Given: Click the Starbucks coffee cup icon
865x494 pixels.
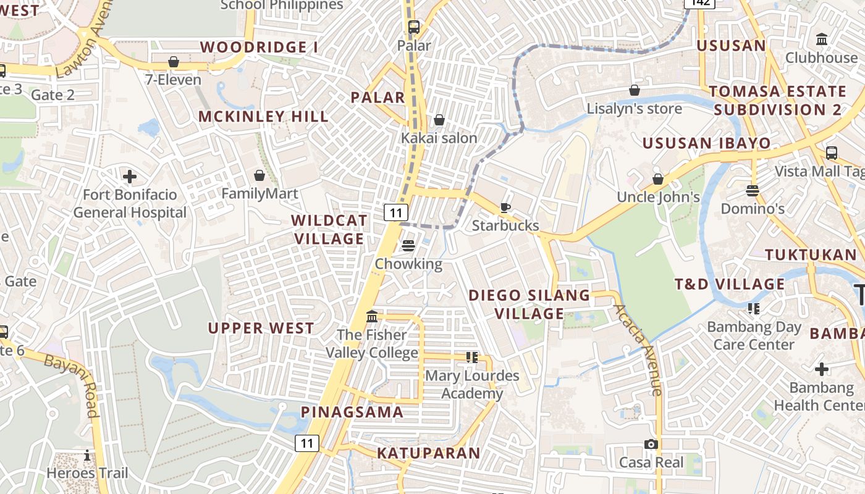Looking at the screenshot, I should pyautogui.click(x=505, y=207).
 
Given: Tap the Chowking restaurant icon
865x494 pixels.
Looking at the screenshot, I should pyautogui.click(x=408, y=246).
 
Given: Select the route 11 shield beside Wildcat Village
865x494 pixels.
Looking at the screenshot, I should pyautogui.click(x=395, y=212).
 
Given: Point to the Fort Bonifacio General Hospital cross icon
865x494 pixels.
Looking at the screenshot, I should pyautogui.click(x=130, y=177).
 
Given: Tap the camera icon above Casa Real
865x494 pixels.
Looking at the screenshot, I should pyautogui.click(x=651, y=445).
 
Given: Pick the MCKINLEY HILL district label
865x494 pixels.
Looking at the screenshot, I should pyautogui.click(x=263, y=116).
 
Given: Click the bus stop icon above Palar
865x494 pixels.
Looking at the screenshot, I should pyautogui.click(x=413, y=27).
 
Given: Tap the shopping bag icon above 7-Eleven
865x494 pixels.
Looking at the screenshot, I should pyautogui.click(x=174, y=62).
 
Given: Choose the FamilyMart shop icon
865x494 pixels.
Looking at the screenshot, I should pyautogui.click(x=259, y=176).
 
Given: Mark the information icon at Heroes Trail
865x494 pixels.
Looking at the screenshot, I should pyautogui.click(x=87, y=456).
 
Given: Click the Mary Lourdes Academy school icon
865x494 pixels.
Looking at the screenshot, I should pyautogui.click(x=472, y=357).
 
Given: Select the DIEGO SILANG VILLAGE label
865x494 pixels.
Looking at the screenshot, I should pyautogui.click(x=529, y=304).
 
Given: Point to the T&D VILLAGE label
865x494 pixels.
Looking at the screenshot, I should pyautogui.click(x=729, y=284).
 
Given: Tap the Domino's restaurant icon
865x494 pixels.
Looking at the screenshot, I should pyautogui.click(x=753, y=191).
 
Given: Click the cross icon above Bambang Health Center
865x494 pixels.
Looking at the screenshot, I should pyautogui.click(x=821, y=370).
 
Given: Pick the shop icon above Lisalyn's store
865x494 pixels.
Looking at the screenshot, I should pyautogui.click(x=634, y=91).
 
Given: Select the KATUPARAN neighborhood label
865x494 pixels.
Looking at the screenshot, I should pyautogui.click(x=429, y=453).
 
